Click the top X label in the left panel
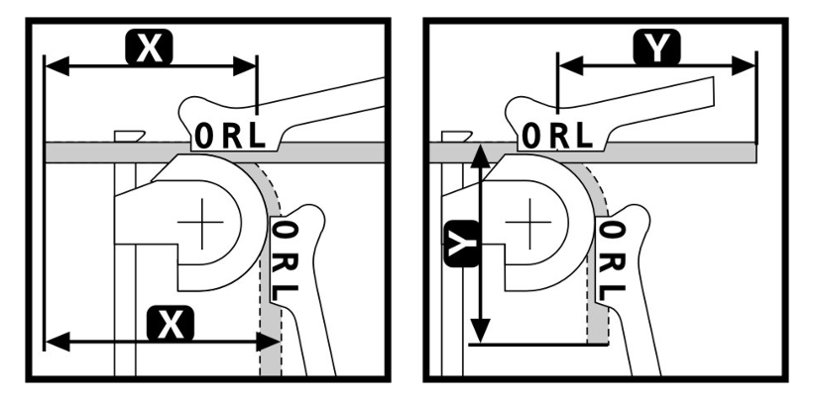click(x=149, y=48)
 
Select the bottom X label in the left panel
click(x=171, y=324)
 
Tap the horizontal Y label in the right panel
click(x=657, y=48)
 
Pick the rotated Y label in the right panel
click(x=461, y=244)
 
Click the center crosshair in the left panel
click(x=200, y=222)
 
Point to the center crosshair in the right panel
click(x=528, y=222)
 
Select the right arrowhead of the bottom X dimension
click(x=268, y=342)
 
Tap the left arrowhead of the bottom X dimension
click(x=58, y=342)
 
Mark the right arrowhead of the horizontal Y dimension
click(x=743, y=65)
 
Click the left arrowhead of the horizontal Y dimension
click(x=571, y=65)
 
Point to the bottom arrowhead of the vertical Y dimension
click(x=482, y=331)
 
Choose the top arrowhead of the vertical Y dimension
click(x=482, y=156)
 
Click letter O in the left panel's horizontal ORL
click(x=204, y=137)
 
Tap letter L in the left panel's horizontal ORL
click(x=257, y=137)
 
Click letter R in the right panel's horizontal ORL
click(x=559, y=136)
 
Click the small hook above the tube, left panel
click(x=129, y=136)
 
